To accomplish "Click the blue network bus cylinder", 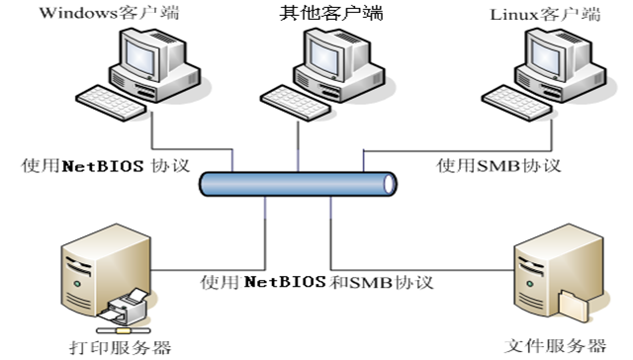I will tap(298, 184).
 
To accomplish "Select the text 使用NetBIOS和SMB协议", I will tap(316, 282).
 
